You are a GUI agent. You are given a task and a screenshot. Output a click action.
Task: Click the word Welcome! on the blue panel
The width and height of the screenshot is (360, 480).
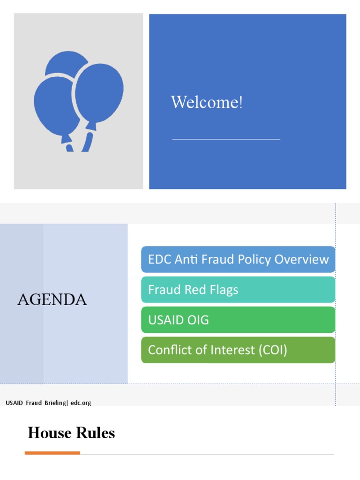[207, 102]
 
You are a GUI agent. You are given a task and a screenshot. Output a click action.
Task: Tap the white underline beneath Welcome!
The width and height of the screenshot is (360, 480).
[226, 139]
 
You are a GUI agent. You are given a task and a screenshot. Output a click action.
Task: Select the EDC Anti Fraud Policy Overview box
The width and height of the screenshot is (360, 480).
[238, 259]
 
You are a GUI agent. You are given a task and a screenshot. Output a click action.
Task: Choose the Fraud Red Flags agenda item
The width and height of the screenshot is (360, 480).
[238, 290]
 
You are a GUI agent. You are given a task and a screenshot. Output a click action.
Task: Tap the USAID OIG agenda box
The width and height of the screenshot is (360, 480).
[238, 320]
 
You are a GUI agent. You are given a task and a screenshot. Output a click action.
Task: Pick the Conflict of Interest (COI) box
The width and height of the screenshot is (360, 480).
[238, 350]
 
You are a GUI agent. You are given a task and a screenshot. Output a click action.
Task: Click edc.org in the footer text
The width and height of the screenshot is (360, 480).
[81, 403]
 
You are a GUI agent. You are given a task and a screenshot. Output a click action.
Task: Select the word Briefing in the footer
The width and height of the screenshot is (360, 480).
[56, 403]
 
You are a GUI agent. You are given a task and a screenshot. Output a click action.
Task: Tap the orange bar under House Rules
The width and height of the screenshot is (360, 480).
[52, 453]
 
